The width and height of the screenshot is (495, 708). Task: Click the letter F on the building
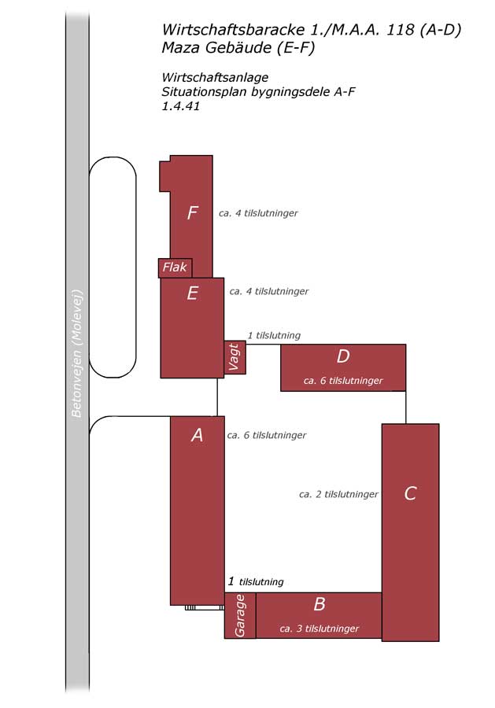point(193,212)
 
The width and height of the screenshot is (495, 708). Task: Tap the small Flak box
point(175,267)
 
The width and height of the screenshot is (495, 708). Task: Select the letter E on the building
point(192,293)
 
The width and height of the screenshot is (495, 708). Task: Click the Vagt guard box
point(235,358)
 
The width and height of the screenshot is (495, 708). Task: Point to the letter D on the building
point(343,356)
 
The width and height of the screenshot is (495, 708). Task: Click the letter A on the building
point(197,435)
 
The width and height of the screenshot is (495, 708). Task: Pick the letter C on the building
point(410,493)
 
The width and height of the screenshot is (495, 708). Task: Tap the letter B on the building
point(320,603)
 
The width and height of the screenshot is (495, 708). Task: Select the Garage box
point(240,615)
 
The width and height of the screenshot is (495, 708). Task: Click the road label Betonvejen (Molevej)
point(77,353)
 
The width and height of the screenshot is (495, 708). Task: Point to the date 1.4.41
point(181,106)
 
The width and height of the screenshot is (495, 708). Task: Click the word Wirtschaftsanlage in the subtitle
point(215,77)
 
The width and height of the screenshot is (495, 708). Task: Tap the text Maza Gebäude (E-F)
point(238,47)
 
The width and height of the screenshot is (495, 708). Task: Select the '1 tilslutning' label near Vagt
point(274,335)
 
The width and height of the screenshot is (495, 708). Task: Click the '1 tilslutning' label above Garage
point(256,581)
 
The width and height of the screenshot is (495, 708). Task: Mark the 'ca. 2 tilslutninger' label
point(338,495)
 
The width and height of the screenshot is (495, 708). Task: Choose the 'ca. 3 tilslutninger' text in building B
point(320,629)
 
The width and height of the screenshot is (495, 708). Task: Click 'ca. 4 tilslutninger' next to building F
point(258,213)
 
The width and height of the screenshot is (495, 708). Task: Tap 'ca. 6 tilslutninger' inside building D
point(343,381)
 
